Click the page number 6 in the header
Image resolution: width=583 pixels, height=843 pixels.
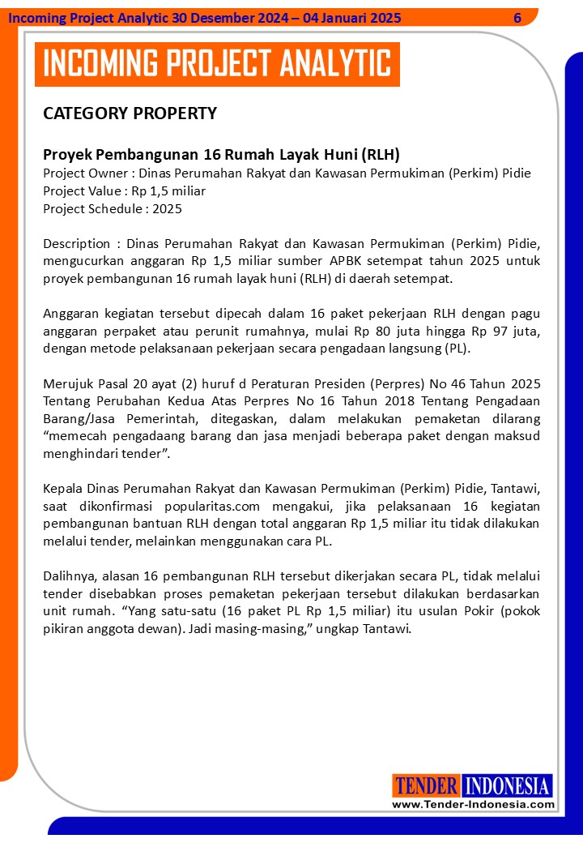tap(517, 18)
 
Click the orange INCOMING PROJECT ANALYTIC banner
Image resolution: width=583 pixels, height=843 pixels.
tap(217, 64)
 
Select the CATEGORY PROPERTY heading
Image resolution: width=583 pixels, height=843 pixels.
tap(130, 113)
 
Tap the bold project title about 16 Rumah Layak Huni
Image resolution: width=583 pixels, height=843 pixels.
tap(221, 154)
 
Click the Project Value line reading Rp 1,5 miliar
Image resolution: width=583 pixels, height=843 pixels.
tap(124, 190)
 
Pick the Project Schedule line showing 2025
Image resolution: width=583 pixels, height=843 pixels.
tap(113, 208)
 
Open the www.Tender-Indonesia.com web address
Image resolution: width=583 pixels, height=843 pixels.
tap(473, 804)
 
